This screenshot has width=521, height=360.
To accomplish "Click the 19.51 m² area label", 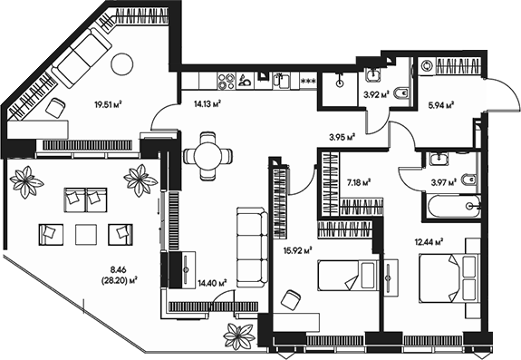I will (x=108, y=104).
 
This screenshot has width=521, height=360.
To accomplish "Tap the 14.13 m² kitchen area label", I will (x=207, y=103).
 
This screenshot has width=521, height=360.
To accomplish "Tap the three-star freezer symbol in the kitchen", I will (x=308, y=83).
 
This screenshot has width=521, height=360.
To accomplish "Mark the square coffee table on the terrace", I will (x=85, y=234).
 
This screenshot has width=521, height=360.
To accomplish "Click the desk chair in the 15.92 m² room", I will (x=292, y=300).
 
